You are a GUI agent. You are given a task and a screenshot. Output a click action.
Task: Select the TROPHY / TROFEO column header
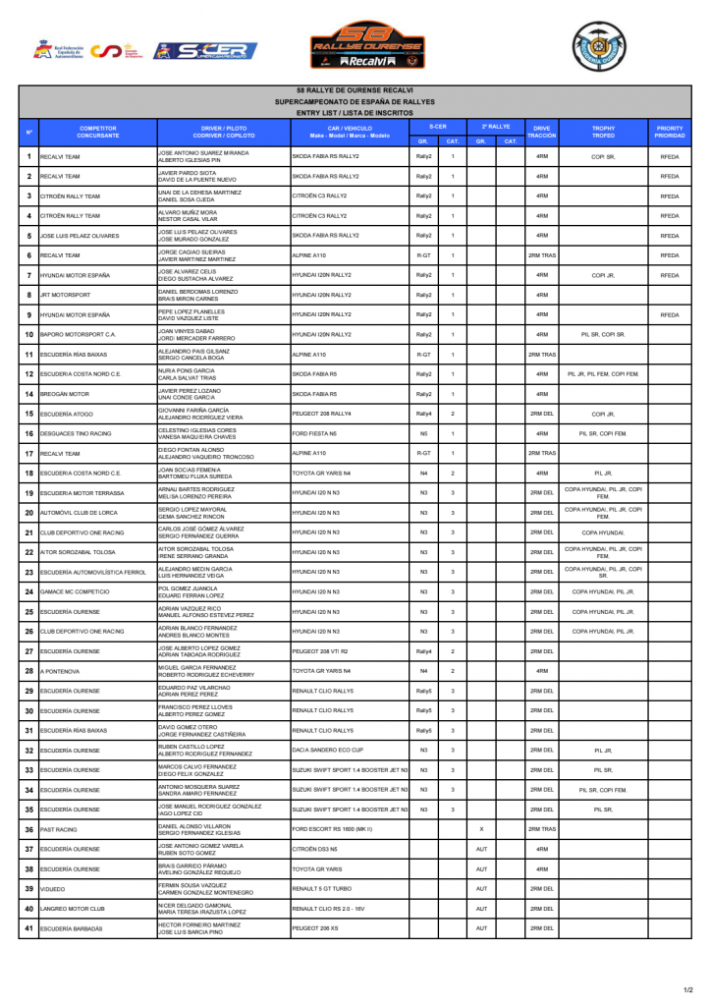[x=603, y=131]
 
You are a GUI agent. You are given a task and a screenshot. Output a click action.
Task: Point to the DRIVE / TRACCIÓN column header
[x=541, y=131]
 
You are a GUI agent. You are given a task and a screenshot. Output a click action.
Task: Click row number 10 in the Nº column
[x=29, y=335]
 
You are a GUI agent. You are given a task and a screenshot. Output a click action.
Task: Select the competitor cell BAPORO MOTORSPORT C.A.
[x=97, y=335]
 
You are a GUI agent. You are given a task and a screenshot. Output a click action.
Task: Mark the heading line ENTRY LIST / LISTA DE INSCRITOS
[x=355, y=113]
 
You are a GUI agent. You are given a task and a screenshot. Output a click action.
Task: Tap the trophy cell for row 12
[x=603, y=374]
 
